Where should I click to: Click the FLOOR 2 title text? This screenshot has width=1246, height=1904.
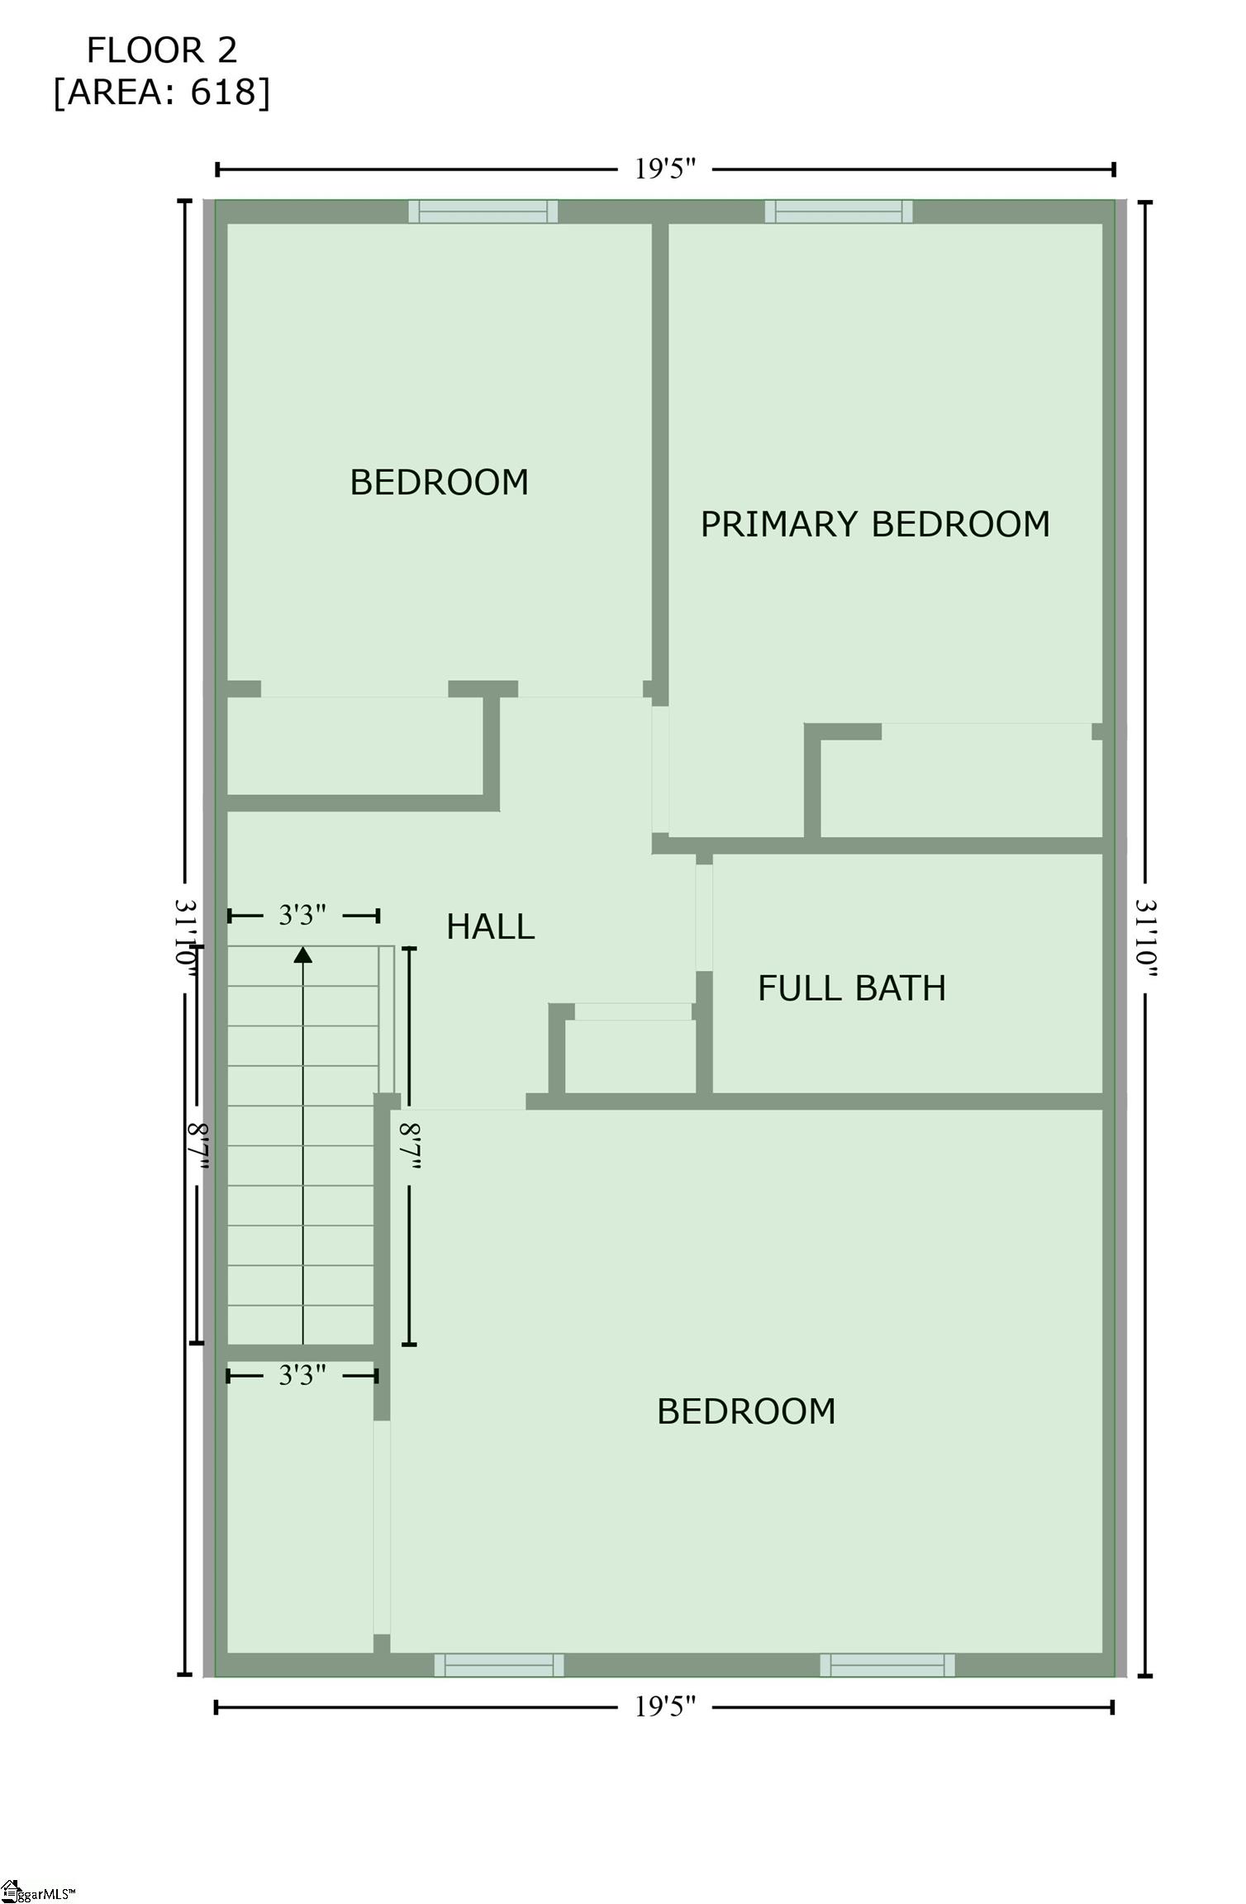(162, 50)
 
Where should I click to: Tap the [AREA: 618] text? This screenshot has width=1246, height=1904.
(162, 92)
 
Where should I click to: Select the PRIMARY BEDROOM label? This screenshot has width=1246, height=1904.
(875, 524)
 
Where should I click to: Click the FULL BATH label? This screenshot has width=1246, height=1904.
(851, 988)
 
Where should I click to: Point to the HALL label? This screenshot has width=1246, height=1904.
(490, 926)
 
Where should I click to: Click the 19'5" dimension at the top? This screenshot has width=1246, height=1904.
(665, 169)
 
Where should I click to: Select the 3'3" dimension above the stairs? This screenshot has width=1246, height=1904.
(302, 915)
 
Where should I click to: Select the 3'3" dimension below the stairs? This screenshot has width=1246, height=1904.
(302, 1375)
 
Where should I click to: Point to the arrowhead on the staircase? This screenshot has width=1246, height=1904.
(303, 955)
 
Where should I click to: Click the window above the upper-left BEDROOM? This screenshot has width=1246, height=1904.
(483, 212)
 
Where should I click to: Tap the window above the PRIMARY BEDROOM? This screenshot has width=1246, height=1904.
(839, 212)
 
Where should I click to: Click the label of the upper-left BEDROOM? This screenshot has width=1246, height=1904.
(439, 482)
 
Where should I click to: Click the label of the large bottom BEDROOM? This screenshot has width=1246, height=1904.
(746, 1411)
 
